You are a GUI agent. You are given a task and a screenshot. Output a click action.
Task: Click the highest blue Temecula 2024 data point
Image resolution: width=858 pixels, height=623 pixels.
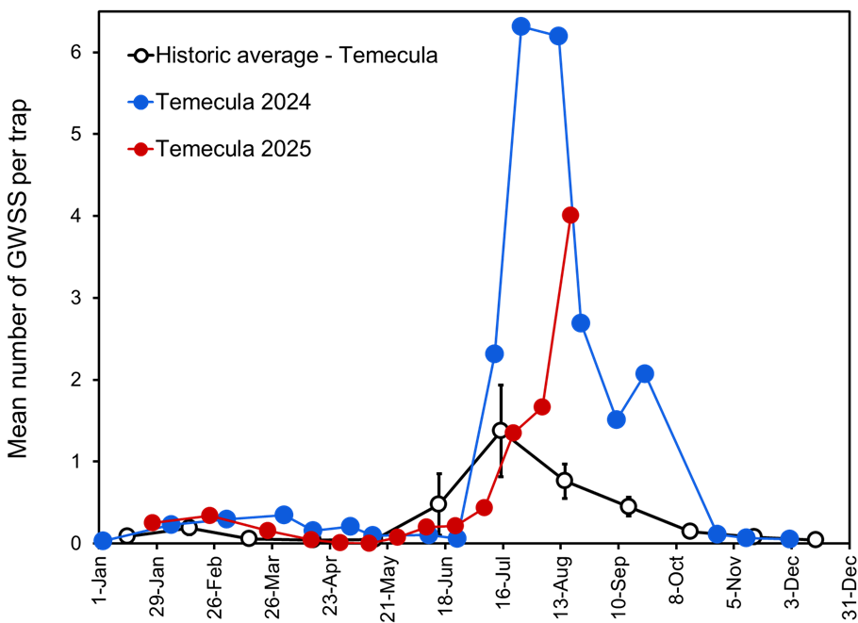pos(520,26)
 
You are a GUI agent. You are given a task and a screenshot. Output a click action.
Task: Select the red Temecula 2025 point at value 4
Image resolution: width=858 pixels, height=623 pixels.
pos(569,215)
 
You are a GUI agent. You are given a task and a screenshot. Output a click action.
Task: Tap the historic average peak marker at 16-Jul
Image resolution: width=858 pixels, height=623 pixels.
pos(501,430)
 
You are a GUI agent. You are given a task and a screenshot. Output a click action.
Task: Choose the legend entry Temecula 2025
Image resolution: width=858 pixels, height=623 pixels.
pos(233,149)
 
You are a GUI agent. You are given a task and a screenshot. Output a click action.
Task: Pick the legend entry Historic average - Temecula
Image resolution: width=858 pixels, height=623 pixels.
pos(296,55)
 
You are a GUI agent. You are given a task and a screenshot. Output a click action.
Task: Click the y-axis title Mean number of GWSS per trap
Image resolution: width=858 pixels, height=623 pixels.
pos(21,280)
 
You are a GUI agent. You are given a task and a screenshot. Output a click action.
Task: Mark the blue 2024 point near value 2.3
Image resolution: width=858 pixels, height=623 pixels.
pos(494,353)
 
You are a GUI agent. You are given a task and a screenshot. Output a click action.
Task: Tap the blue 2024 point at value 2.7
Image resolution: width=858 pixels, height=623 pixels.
pos(581,322)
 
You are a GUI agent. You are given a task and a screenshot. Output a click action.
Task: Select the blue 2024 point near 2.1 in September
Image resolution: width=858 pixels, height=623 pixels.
pos(644,374)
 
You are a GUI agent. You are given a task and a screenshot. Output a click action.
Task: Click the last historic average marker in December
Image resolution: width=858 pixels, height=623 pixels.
pos(815,540)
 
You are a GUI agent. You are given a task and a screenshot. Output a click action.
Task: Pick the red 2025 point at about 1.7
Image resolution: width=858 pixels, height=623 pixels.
pos(541,407)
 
